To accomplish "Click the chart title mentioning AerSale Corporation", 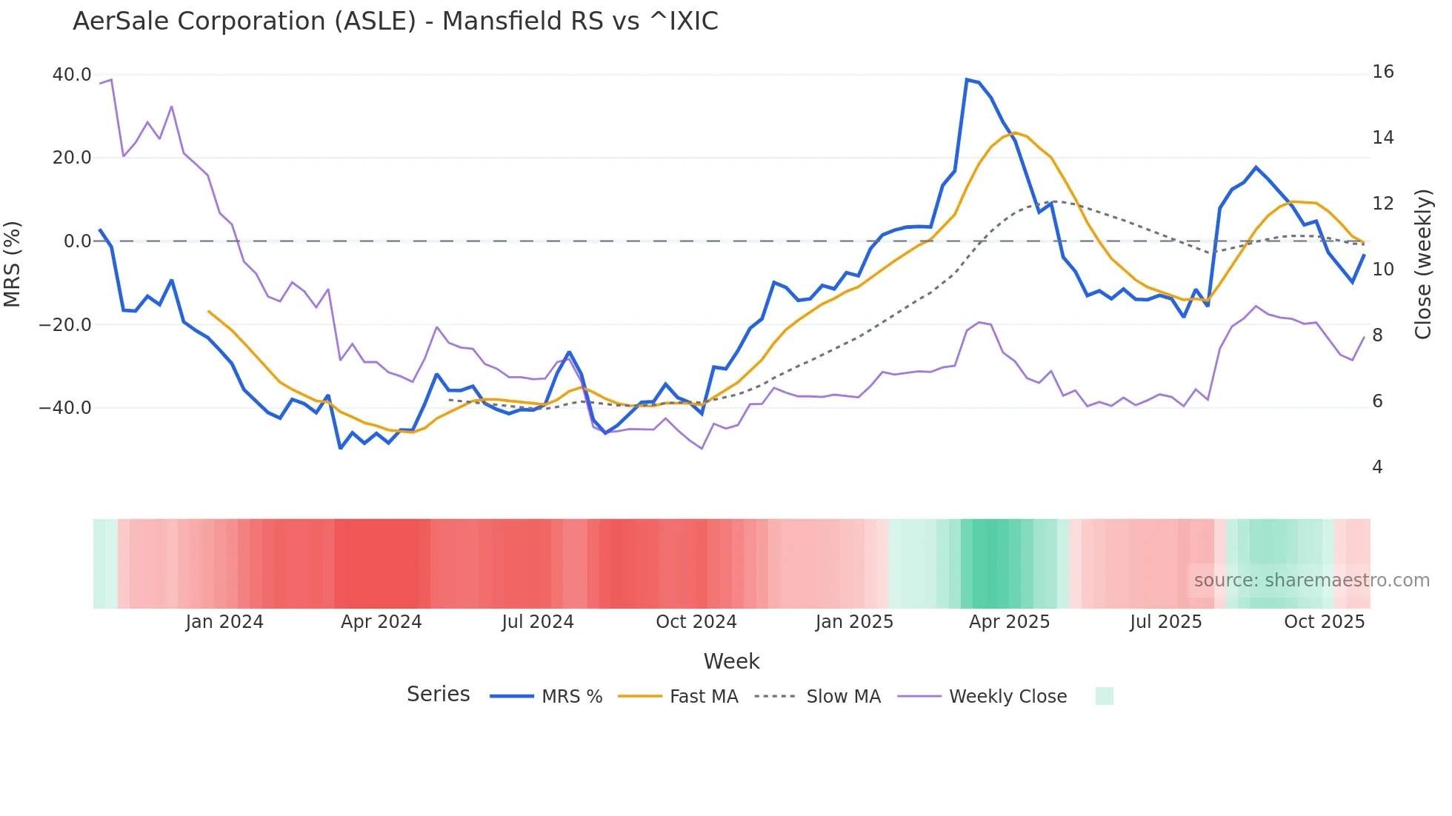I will coord(395,21).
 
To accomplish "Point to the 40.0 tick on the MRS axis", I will coord(72,75).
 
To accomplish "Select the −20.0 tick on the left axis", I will coord(65,324).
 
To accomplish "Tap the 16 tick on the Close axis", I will coord(1382,72).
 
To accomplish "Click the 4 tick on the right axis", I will coord(1377,467).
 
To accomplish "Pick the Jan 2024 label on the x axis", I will coord(224,622).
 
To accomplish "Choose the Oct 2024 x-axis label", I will coord(696,622).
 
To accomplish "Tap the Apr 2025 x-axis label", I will coord(1009,622).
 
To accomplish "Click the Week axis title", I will coord(731,661).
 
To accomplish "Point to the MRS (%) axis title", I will coord(13,264).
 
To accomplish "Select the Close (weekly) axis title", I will coord(1423,264).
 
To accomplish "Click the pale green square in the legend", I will coord(1104,696).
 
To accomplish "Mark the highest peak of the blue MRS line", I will coord(967,79).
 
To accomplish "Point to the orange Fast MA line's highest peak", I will coord(1015,133).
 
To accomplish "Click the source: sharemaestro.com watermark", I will coord(1311,581).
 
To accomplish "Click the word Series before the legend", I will coord(438,695).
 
